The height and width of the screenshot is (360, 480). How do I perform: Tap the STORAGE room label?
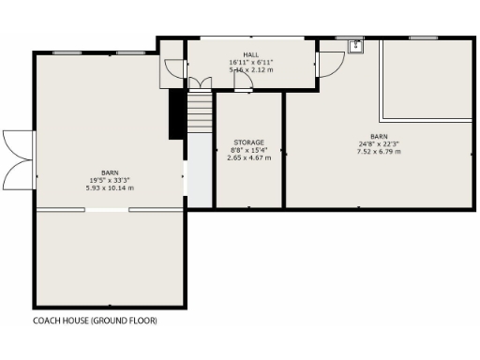point(248,142)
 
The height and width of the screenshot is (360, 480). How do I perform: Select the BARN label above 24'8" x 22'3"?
point(379,137)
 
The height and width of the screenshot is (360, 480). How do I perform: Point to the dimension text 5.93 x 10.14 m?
point(111,187)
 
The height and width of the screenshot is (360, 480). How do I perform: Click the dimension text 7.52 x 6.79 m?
point(379,151)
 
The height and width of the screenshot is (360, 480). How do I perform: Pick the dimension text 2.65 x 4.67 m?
point(248,157)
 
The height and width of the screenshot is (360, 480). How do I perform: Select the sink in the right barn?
point(356,46)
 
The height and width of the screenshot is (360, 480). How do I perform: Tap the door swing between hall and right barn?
point(327,64)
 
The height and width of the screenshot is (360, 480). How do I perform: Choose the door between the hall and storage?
point(243,83)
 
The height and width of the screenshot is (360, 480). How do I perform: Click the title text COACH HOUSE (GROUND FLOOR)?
point(95,320)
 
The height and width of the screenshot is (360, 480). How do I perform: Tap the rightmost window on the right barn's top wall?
point(423,37)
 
